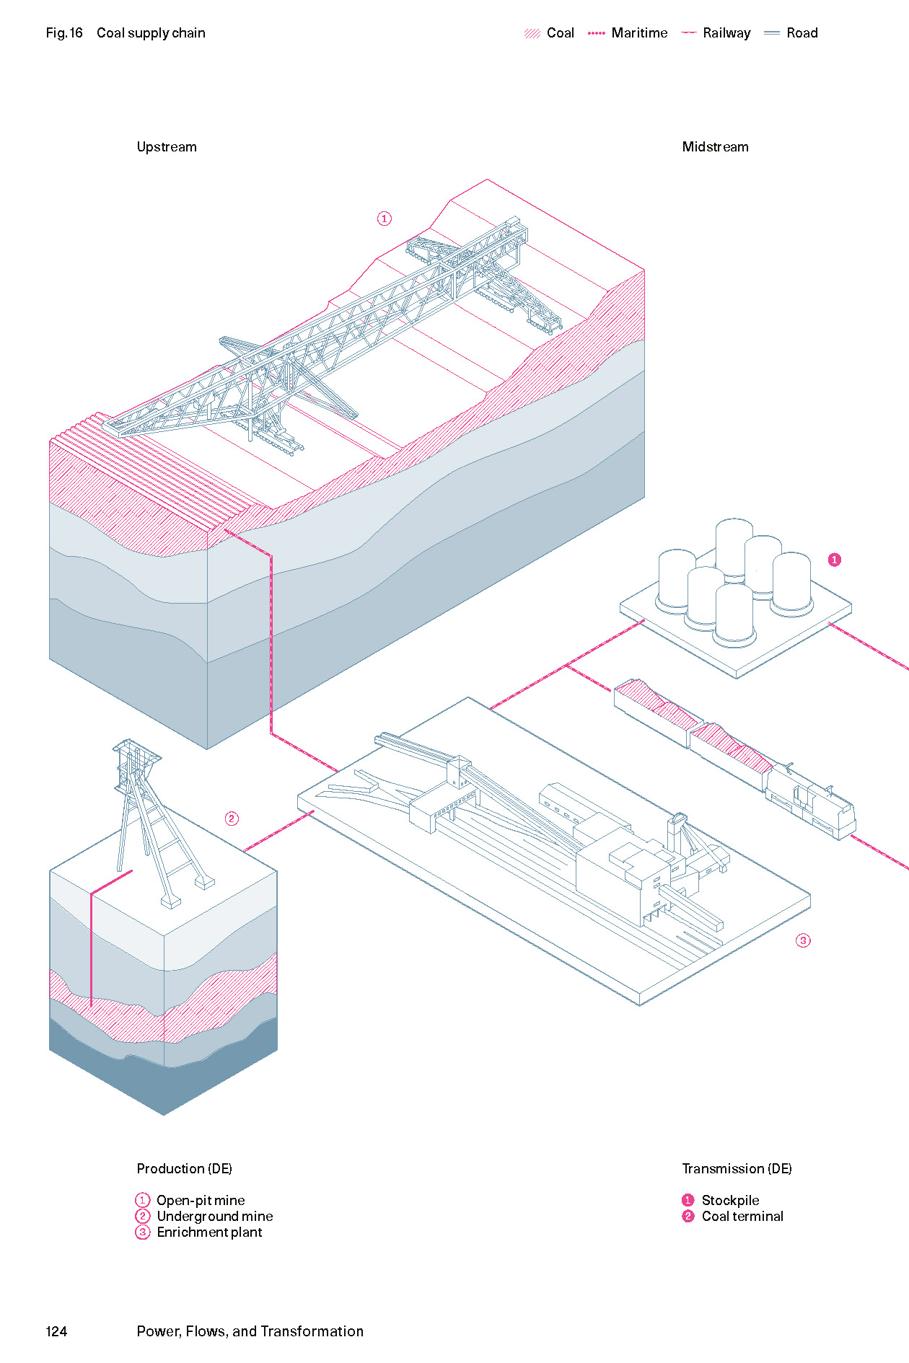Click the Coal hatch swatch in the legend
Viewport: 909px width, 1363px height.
pyautogui.click(x=532, y=33)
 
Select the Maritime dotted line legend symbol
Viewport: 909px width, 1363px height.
pyautogui.click(x=597, y=33)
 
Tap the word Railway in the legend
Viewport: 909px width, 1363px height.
pyautogui.click(x=726, y=33)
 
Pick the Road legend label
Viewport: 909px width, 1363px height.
pyautogui.click(x=802, y=33)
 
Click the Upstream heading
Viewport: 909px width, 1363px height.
pyautogui.click(x=167, y=147)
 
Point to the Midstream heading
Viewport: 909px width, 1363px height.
pyautogui.click(x=715, y=147)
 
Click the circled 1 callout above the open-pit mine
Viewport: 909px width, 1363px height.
pyautogui.click(x=385, y=219)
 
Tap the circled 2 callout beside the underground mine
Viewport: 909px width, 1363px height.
pyautogui.click(x=232, y=819)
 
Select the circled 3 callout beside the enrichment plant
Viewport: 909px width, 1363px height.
pyautogui.click(x=803, y=940)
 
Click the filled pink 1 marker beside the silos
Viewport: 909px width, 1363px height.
pyautogui.click(x=835, y=560)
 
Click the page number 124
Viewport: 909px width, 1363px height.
pyautogui.click(x=56, y=1331)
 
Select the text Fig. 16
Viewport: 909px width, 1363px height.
pyautogui.click(x=64, y=33)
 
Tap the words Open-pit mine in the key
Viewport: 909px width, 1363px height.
pyautogui.click(x=201, y=1200)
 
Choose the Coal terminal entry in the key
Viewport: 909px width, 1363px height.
pyautogui.click(x=742, y=1216)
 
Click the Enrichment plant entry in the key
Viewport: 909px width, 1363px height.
pyautogui.click(x=209, y=1232)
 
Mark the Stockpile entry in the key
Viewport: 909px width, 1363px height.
pyautogui.click(x=730, y=1200)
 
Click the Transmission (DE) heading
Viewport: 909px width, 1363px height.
pyautogui.click(x=737, y=1168)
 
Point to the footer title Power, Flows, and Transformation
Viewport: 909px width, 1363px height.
pyautogui.click(x=250, y=1331)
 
